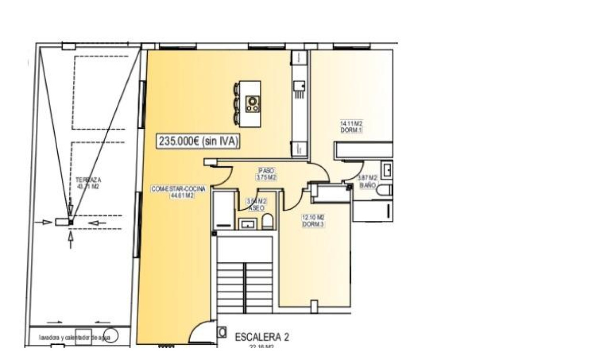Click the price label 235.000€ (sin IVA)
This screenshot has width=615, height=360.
[x=198, y=141]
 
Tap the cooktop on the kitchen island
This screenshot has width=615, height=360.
[x=252, y=104]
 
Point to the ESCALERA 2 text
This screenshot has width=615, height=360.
[x=262, y=337]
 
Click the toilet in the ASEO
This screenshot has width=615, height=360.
[x=268, y=221]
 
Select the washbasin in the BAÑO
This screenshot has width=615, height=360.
[x=387, y=169]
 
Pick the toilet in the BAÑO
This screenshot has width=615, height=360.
[x=384, y=190]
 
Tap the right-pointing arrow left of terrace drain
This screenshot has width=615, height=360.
[x=47, y=222]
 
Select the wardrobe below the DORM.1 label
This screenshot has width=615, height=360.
[x=363, y=150]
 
